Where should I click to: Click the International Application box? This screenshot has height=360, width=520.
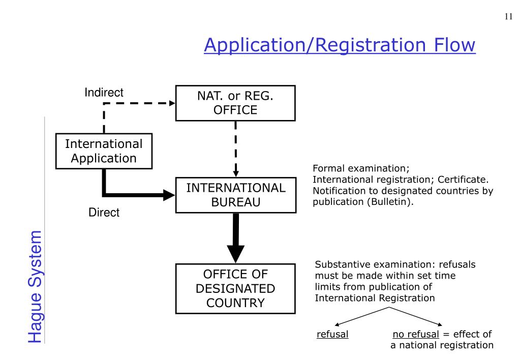click(x=104, y=151)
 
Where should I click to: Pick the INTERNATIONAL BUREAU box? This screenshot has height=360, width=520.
click(x=236, y=195)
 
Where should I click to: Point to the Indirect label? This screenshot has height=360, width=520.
click(x=104, y=93)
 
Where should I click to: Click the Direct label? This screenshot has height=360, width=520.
click(x=104, y=213)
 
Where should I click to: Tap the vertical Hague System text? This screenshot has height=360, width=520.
click(x=34, y=286)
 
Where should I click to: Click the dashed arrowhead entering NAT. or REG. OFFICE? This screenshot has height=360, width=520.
click(x=172, y=103)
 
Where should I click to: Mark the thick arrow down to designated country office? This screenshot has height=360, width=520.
click(x=235, y=239)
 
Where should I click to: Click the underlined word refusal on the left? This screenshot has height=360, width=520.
click(x=332, y=335)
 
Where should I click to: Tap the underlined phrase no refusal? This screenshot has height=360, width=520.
click(x=415, y=335)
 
